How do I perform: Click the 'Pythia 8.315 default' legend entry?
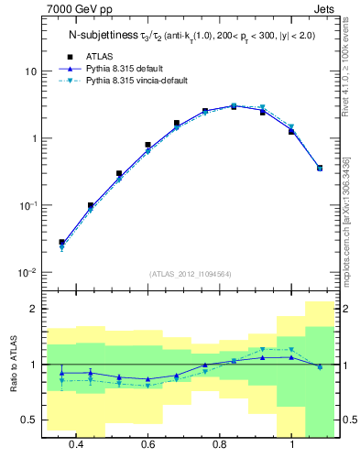point(128,69)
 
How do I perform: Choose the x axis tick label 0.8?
point(220,444)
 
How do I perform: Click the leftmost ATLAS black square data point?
point(61,242)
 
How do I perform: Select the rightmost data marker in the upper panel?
point(320,168)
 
